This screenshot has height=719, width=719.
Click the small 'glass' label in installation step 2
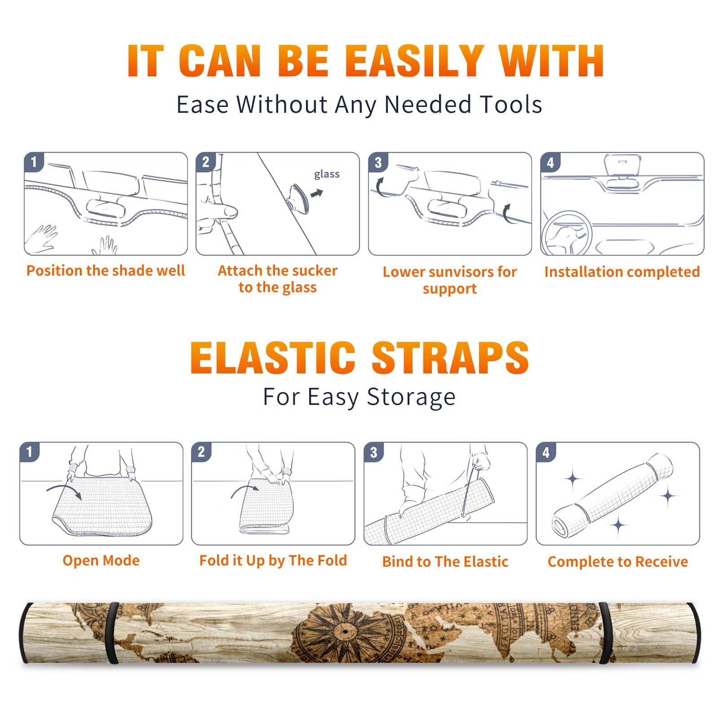click(x=327, y=174)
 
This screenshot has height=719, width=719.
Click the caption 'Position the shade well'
click(x=106, y=271)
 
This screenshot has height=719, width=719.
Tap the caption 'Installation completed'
click(x=622, y=271)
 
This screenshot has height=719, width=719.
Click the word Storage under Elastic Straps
click(x=411, y=397)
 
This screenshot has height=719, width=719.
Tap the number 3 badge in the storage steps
click(x=374, y=452)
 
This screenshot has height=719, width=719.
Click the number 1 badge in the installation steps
click(x=34, y=162)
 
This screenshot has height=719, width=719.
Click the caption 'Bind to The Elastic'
click(x=445, y=562)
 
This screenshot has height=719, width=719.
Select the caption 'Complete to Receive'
click(x=618, y=562)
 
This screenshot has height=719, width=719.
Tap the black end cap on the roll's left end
click(x=25, y=633)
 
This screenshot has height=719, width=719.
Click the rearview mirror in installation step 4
click(x=622, y=164)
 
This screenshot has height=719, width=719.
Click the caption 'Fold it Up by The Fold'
click(x=273, y=560)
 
